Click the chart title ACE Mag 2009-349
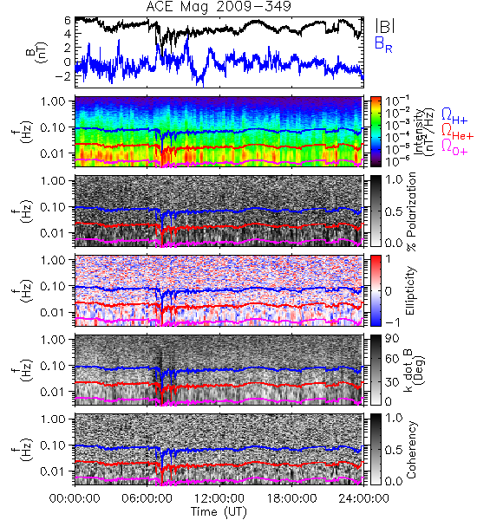click(219, 7)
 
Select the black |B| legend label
click(385, 26)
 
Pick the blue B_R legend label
click(383, 44)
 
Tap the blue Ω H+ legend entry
click(454, 116)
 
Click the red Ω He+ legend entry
click(457, 131)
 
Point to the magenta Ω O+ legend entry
click(454, 146)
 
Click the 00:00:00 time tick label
click(75, 499)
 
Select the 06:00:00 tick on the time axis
click(147, 499)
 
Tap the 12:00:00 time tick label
click(219, 499)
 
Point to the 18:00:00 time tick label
click(291, 499)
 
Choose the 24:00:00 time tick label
click(363, 499)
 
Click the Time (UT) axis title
click(219, 512)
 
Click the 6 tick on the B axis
click(68, 21)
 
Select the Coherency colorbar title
click(411, 450)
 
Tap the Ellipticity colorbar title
click(411, 290)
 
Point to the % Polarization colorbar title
click(412, 211)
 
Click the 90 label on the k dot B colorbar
click(392, 339)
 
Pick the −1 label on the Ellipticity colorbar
click(392, 322)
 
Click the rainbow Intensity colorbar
click(376, 132)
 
